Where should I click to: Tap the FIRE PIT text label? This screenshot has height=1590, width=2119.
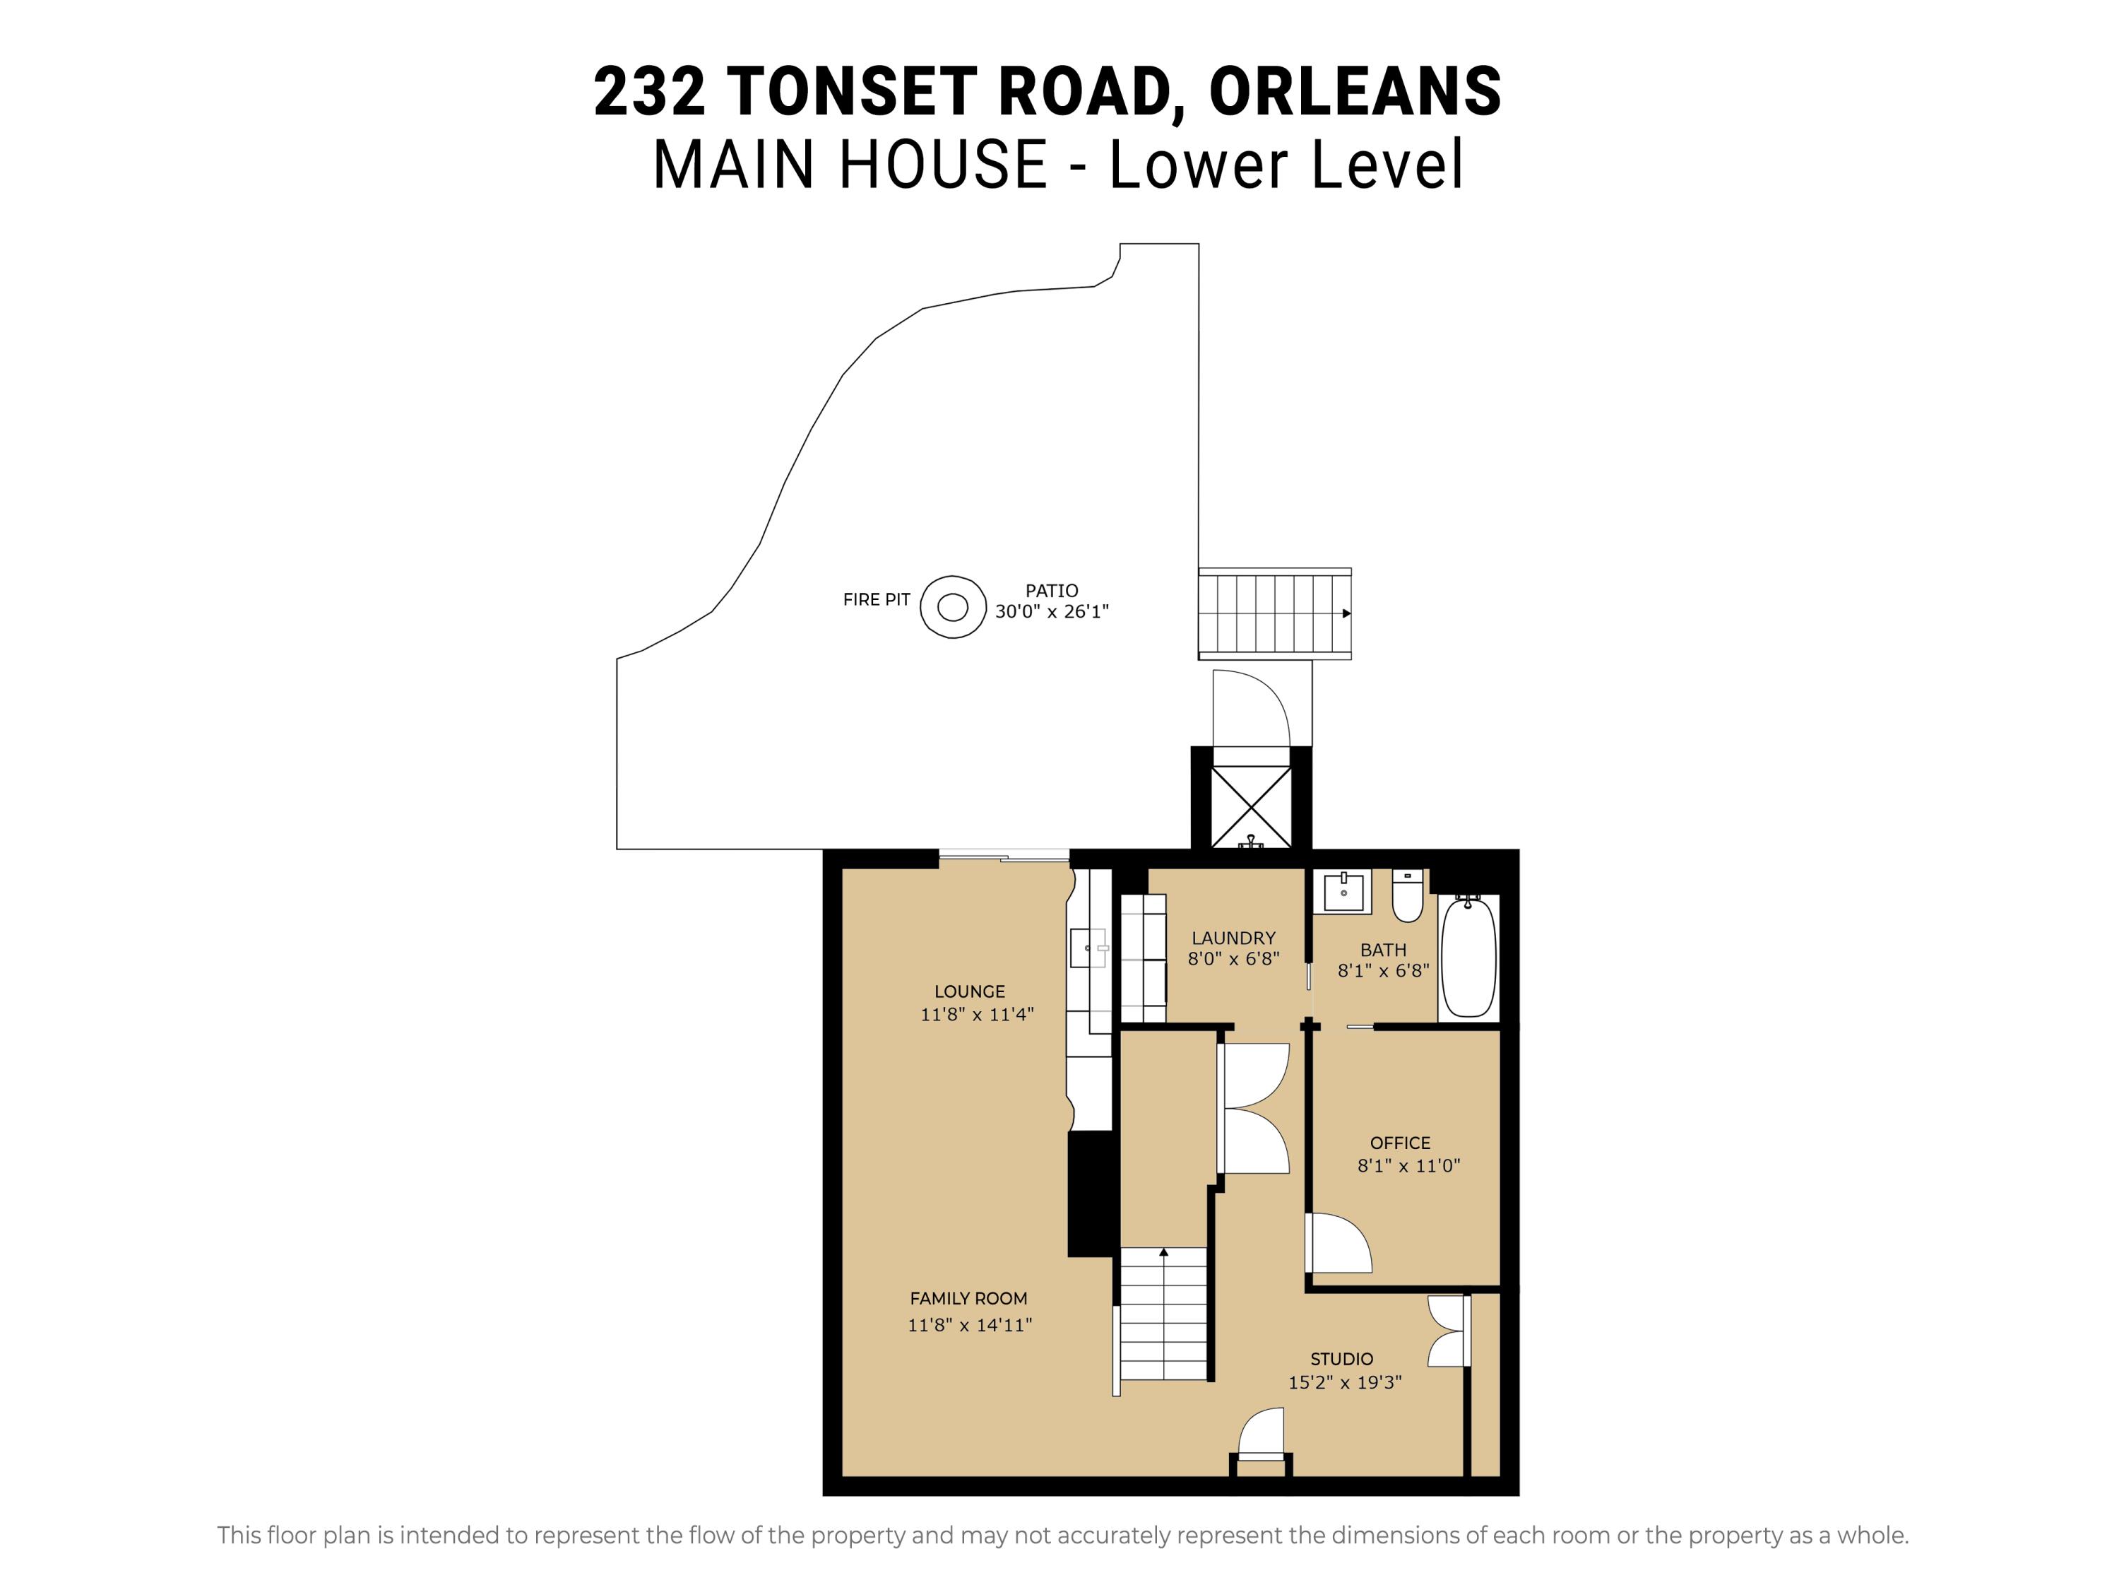pos(876,600)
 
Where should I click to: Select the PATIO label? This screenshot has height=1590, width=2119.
pos(1052,590)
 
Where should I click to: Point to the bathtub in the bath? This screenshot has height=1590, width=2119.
pos(1468,957)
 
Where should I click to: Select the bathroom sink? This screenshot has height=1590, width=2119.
pos(1343,891)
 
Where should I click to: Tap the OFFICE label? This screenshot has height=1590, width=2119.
pos(1399,1143)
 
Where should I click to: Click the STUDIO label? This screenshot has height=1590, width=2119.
pos(1341,1358)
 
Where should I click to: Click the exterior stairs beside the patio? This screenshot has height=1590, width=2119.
pos(1275,613)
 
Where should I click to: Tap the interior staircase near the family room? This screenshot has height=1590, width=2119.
pos(1163,1313)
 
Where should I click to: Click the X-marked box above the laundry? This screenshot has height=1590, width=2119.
pos(1251,806)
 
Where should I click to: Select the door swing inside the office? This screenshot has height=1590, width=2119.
pos(1341,1242)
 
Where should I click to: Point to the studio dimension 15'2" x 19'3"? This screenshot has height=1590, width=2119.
pos(1344,1382)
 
